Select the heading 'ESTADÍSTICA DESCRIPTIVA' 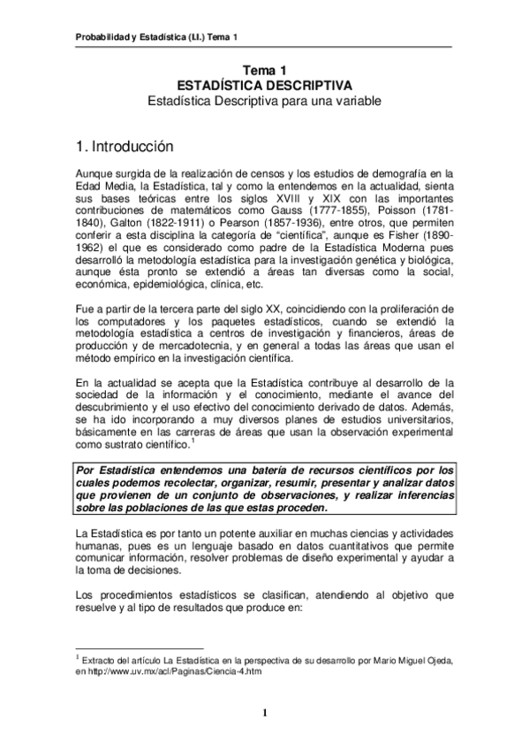(264, 85)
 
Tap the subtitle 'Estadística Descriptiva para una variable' (264, 102)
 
